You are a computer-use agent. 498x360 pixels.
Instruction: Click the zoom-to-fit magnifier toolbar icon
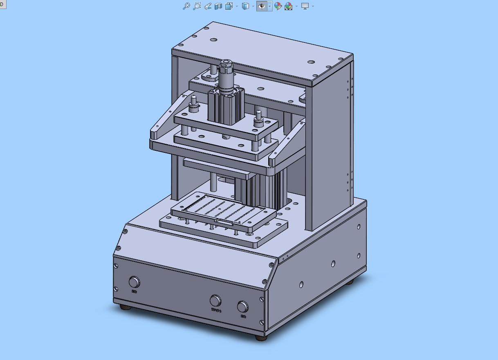(x=186, y=6)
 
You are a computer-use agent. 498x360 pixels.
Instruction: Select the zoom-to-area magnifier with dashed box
(x=197, y=6)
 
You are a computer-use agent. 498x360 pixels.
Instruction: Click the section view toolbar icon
(x=218, y=6)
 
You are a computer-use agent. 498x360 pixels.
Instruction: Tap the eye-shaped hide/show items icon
(x=262, y=6)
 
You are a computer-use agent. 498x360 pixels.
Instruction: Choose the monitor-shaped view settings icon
(x=305, y=6)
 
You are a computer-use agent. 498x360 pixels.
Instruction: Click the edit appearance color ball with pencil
(x=278, y=6)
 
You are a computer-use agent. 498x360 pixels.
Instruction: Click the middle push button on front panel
(x=215, y=301)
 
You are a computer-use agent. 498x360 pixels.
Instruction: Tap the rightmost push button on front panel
(x=243, y=306)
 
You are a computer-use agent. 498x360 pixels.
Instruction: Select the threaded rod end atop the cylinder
(x=224, y=65)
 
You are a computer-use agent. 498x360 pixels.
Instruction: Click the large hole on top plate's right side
(x=311, y=62)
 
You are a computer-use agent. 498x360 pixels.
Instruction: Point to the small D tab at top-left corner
(x=2, y=3)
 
